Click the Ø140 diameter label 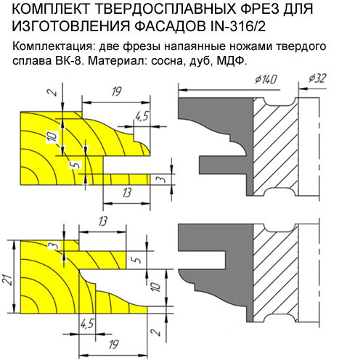(x=266, y=79)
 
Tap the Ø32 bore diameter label (x=317, y=78)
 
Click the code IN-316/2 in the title (x=238, y=26)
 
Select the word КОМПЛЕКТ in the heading (x=50, y=9)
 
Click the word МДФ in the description (x=232, y=60)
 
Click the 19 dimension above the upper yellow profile (x=117, y=91)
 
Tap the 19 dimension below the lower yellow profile (x=114, y=344)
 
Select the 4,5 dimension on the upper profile (x=142, y=116)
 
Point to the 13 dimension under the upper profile (x=127, y=193)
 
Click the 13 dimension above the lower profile (x=103, y=221)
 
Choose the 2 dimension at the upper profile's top (x=54, y=92)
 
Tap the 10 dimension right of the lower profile (x=156, y=287)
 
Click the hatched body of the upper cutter (x=276, y=147)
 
